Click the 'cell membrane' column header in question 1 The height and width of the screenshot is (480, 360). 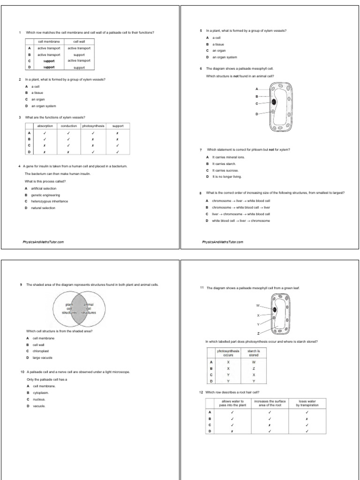coord(49,42)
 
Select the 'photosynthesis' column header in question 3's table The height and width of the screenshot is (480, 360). coord(93,126)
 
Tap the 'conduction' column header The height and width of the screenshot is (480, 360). coord(69,126)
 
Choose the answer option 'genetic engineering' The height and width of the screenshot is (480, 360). coord(45,195)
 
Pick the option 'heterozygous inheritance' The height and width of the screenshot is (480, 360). coord(49,201)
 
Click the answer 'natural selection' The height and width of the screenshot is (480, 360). coord(43,208)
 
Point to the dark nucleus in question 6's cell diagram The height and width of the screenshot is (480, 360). coord(274,102)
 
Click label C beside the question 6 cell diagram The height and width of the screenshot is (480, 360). coord(257,103)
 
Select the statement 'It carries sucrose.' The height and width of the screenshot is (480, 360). coord(225,171)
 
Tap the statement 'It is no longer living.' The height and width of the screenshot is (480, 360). coord(227,177)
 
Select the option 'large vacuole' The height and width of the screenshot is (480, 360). coord(43,357)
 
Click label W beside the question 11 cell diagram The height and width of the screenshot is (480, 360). coord(257,306)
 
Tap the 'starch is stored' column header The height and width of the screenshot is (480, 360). coord(254,352)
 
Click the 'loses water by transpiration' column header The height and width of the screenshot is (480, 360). coord(307,403)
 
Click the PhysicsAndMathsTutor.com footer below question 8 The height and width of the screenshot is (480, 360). coord(223,242)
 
